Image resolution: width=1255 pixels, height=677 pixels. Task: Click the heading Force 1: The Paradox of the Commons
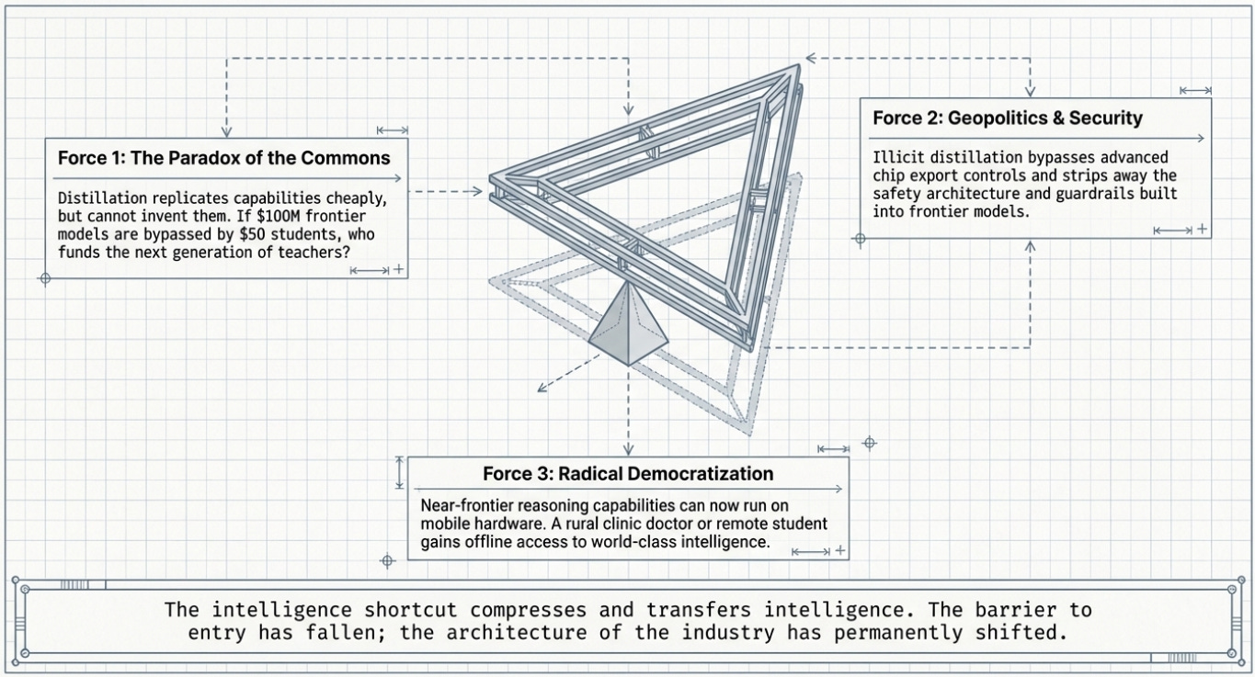coord(224,157)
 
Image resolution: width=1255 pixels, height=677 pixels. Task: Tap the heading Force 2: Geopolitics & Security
coord(1008,118)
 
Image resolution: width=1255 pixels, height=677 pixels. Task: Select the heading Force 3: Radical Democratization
coord(628,474)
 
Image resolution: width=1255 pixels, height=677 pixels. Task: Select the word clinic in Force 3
coord(626,524)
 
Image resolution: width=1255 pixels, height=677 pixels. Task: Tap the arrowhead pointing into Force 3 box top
coord(628,450)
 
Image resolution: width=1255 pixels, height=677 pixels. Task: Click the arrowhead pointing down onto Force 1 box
coord(227,131)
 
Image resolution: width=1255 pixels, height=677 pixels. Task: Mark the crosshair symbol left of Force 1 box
coord(44,277)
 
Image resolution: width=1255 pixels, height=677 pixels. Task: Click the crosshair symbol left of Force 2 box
coord(860,239)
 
